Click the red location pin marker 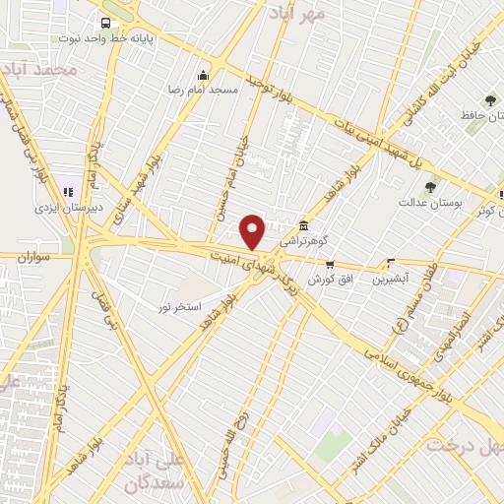(x=254, y=232)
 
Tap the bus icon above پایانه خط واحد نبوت (x=104, y=21)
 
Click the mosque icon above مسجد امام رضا (x=204, y=75)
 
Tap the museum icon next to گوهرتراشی (x=301, y=225)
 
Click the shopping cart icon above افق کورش (x=329, y=264)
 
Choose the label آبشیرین (x=391, y=279)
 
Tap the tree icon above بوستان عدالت (x=428, y=187)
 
